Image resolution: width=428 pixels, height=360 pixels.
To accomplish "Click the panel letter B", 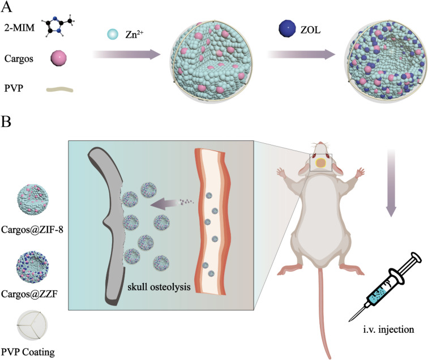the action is click(8, 121).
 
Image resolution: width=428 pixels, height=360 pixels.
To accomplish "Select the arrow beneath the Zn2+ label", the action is click(126, 55).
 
